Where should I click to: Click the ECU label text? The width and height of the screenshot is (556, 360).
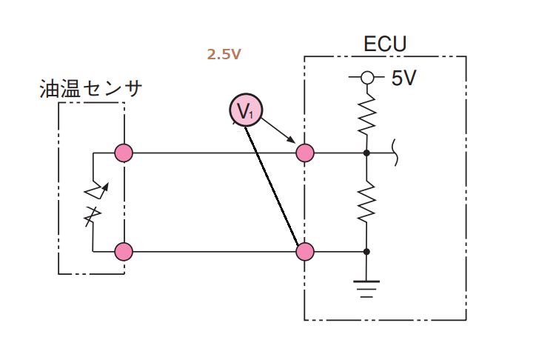click(x=385, y=44)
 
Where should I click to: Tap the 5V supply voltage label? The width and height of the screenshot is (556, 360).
click(x=404, y=78)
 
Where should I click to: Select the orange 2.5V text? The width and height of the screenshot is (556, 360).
click(x=224, y=54)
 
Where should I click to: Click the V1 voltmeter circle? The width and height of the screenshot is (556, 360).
click(x=246, y=110)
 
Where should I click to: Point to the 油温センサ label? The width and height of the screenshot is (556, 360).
click(x=91, y=88)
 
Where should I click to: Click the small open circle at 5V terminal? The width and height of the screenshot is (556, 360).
click(x=367, y=76)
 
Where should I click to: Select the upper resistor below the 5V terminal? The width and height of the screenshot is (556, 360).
click(x=366, y=114)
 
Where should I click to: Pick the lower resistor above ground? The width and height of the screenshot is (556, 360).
click(x=366, y=201)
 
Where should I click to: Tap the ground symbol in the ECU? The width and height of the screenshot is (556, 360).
click(x=366, y=289)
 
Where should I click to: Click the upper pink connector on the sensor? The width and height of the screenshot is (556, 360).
click(x=124, y=153)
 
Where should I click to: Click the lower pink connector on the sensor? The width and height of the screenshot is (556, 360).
click(x=124, y=252)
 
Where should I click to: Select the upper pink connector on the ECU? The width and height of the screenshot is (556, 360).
click(x=305, y=153)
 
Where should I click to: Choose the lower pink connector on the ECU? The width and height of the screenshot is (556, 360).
click(x=305, y=252)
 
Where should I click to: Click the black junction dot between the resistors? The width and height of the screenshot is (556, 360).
click(x=366, y=153)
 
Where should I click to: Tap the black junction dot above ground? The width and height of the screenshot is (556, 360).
click(x=366, y=252)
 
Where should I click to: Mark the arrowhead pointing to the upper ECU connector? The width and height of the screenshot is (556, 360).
click(x=292, y=139)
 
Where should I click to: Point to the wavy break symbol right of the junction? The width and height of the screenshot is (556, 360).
click(x=395, y=153)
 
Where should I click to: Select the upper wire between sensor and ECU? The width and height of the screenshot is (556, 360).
click(x=215, y=153)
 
